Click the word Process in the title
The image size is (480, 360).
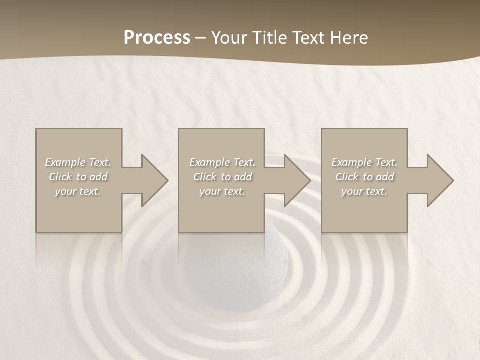157,38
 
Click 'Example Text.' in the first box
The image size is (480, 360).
78,162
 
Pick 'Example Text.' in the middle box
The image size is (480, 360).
222,162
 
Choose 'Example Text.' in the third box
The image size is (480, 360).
364,162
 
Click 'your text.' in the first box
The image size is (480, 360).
78,191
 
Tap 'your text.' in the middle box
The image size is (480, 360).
222,191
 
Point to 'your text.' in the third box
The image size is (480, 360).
364,191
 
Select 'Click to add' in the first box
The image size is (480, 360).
78,177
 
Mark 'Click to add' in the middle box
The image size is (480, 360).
222,177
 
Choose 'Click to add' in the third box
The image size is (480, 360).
364,177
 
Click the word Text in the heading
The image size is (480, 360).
308,38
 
